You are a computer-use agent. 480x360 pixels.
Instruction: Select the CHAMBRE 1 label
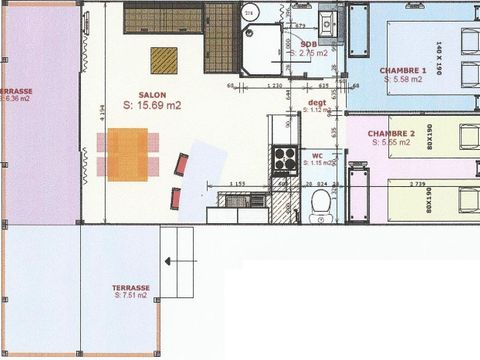[x=403, y=70]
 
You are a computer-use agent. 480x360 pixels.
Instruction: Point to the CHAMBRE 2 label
[x=391, y=134]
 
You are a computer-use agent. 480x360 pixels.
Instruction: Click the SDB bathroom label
[x=310, y=45]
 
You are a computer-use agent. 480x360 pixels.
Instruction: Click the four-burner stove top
[x=285, y=158]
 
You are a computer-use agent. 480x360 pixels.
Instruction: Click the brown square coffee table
[x=164, y=61]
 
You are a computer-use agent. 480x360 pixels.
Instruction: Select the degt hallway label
[x=316, y=103]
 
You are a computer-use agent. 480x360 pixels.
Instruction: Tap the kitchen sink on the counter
[x=237, y=199]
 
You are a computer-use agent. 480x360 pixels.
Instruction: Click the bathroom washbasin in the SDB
[x=327, y=23]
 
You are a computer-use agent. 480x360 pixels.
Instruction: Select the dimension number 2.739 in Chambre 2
[x=419, y=183]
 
